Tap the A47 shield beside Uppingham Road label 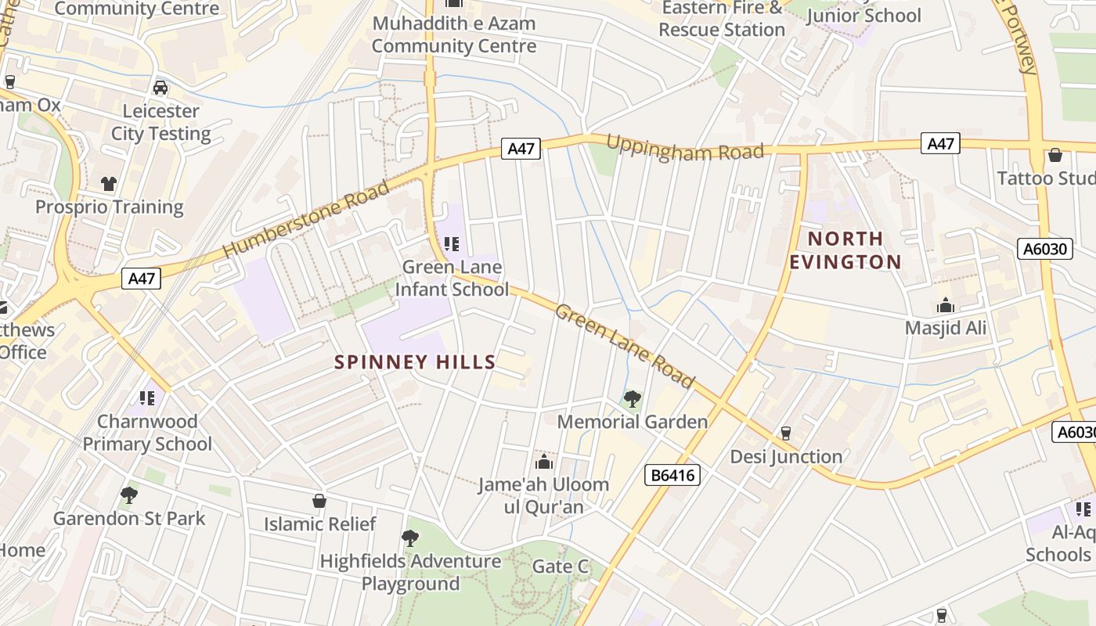(521, 149)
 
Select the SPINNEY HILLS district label (415, 362)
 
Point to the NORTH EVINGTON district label (845, 250)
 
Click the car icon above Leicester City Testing (160, 88)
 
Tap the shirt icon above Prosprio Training (109, 184)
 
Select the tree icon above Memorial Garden (632, 399)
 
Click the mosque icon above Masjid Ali (946, 305)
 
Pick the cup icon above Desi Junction (786, 434)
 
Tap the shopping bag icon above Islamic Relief (319, 501)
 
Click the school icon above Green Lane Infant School (452, 244)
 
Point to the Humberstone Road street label (306, 220)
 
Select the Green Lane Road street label (624, 346)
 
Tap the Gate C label (560, 567)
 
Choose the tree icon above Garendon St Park (129, 495)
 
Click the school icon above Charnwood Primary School (147, 398)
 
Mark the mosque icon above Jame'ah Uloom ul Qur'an (543, 462)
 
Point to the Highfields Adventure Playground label (410, 572)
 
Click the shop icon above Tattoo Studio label (1055, 155)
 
